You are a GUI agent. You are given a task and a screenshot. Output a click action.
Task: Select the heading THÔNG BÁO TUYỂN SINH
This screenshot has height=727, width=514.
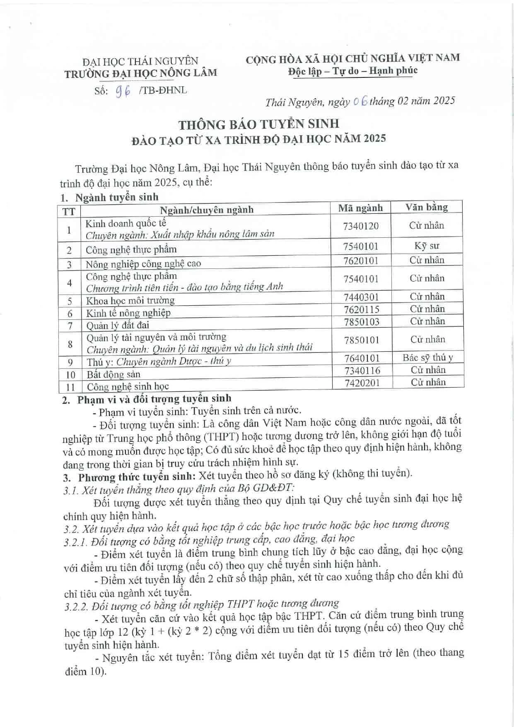pyautogui.click(x=259, y=123)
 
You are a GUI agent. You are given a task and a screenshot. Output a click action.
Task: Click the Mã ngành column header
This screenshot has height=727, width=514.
pyautogui.click(x=360, y=208)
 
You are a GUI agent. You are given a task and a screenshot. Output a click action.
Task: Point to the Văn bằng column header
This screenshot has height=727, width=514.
pyautogui.click(x=427, y=207)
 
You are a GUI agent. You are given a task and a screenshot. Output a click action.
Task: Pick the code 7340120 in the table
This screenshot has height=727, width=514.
pyautogui.click(x=361, y=226)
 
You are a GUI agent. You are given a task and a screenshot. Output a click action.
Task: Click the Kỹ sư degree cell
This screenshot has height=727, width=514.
pyautogui.click(x=427, y=246)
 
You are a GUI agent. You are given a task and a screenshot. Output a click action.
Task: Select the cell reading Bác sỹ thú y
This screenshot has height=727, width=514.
pyautogui.click(x=428, y=357)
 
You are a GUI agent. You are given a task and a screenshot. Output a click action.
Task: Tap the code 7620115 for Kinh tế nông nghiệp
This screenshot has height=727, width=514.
pyautogui.click(x=361, y=309)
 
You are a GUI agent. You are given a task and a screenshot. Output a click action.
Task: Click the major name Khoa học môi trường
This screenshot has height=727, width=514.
pyautogui.click(x=130, y=300)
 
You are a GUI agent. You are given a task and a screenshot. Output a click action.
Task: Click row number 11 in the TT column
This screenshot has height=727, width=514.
pyautogui.click(x=70, y=387)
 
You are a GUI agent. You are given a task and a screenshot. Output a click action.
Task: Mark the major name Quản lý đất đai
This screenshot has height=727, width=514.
pyautogui.click(x=118, y=325)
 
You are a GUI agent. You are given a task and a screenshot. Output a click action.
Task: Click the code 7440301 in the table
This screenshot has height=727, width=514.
pyautogui.click(x=361, y=297)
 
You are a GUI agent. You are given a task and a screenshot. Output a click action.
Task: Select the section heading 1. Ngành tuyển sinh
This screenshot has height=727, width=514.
pyautogui.click(x=110, y=197)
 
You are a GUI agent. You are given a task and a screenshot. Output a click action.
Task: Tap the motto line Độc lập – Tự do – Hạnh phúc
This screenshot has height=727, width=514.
pyautogui.click(x=353, y=71)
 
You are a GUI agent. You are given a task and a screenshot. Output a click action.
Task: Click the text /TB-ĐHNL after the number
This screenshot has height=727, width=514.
pyautogui.click(x=164, y=90)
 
